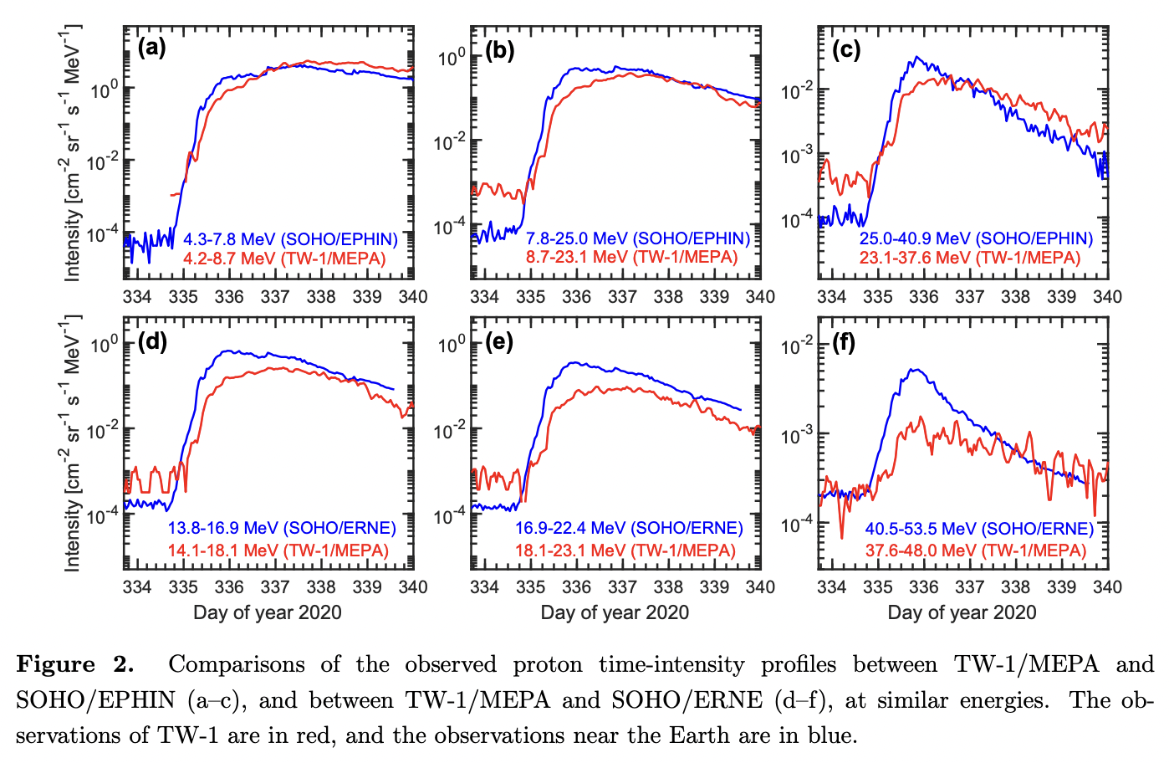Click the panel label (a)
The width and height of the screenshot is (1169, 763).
click(151, 48)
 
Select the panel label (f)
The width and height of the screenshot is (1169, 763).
click(845, 342)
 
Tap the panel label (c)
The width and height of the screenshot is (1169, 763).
click(846, 50)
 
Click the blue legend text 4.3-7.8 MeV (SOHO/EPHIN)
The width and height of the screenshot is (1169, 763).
click(290, 239)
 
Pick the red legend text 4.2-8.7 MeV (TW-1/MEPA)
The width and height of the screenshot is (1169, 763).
click(284, 259)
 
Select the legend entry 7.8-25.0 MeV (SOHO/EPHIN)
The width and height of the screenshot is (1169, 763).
click(637, 238)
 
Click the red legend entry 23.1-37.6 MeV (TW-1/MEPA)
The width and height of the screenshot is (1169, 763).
click(969, 258)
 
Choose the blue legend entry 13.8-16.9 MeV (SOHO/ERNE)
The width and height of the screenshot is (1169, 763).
click(282, 528)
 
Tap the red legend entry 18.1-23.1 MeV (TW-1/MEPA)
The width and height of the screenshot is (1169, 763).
click(625, 550)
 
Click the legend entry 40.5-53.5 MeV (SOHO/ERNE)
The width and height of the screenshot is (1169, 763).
click(979, 529)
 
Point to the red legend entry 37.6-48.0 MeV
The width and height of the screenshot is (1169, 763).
click(975, 550)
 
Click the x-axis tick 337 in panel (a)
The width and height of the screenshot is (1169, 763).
click(275, 297)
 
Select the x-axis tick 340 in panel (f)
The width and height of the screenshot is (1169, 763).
click(1107, 587)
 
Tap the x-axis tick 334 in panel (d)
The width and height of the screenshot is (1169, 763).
click(137, 587)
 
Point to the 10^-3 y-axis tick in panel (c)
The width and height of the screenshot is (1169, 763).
click(797, 156)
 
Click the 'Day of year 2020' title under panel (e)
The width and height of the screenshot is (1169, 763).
click(615, 612)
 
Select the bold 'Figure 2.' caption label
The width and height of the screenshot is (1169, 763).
click(75, 664)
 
